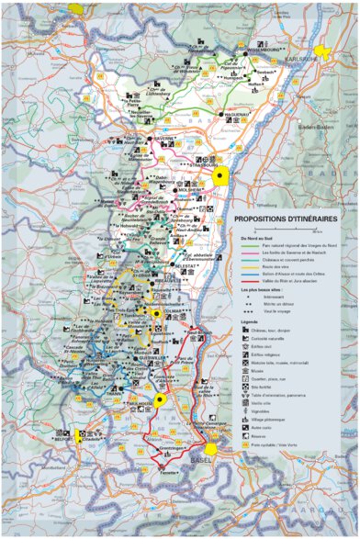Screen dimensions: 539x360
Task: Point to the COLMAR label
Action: pos(174,309)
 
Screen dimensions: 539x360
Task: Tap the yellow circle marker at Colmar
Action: pos(157,314)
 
